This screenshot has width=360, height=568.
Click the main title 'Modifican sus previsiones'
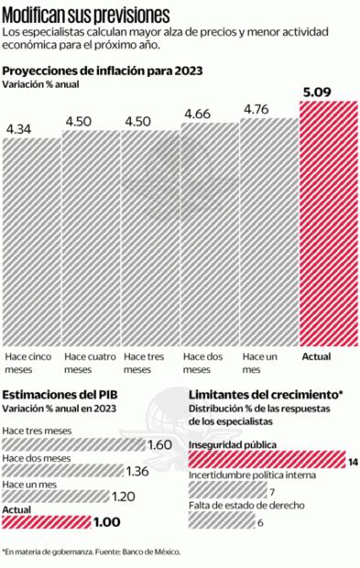pyautogui.click(x=86, y=14)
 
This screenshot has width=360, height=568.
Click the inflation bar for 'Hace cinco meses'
pyautogui.click(x=30, y=238)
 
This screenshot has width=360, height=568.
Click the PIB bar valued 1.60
pyautogui.click(x=73, y=445)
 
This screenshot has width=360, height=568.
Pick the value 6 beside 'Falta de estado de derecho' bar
pyautogui.click(x=261, y=522)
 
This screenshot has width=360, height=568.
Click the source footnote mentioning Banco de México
pyautogui.click(x=92, y=552)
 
